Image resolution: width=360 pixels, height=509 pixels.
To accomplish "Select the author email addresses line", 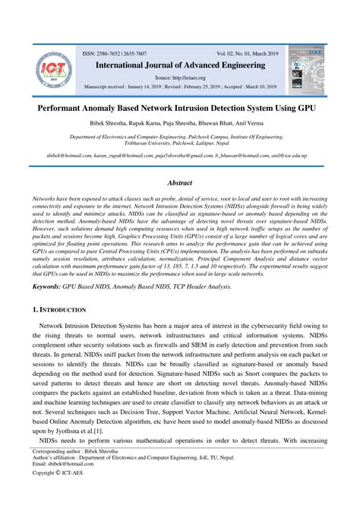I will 179,156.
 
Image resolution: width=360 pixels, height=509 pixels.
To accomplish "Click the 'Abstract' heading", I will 179,183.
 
